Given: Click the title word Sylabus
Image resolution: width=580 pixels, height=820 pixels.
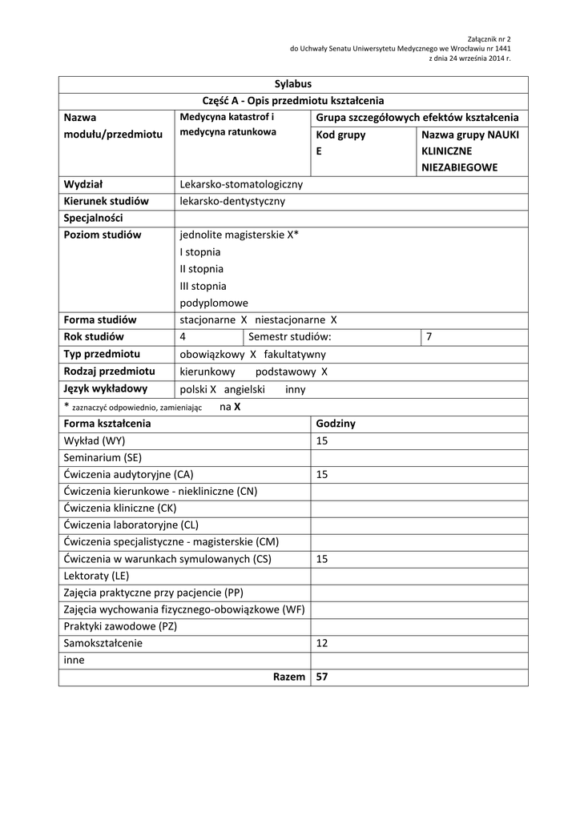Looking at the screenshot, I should coord(292,84).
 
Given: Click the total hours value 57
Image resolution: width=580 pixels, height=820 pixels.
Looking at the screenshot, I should coord(322,677).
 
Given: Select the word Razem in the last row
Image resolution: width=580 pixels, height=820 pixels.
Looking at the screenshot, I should coord(288,677).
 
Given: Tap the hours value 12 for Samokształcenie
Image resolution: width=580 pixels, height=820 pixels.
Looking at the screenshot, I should coord(322,643).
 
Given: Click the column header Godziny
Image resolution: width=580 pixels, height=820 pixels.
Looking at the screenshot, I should coord(336,423).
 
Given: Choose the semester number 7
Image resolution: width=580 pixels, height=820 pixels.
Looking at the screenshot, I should coord(429,337).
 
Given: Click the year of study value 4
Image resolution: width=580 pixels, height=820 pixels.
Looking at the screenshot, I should coord(183,337).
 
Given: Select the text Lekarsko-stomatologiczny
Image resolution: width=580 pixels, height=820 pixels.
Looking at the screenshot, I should coord(241,185).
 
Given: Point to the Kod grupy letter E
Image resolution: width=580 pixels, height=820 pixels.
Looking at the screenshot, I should coord(319,151).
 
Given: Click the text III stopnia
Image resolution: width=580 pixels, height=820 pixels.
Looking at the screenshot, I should coord(203,286).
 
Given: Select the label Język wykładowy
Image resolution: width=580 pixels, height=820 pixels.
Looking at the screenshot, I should coord(105,389).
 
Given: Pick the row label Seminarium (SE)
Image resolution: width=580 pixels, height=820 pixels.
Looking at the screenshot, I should coord(103,457).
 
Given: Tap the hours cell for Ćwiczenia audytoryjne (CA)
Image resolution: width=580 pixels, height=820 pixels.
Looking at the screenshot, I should coord(322,474).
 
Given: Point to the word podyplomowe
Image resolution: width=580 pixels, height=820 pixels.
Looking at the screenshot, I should coord(214,303).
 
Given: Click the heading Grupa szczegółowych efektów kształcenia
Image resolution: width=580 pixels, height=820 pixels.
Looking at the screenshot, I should coord(417,118).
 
